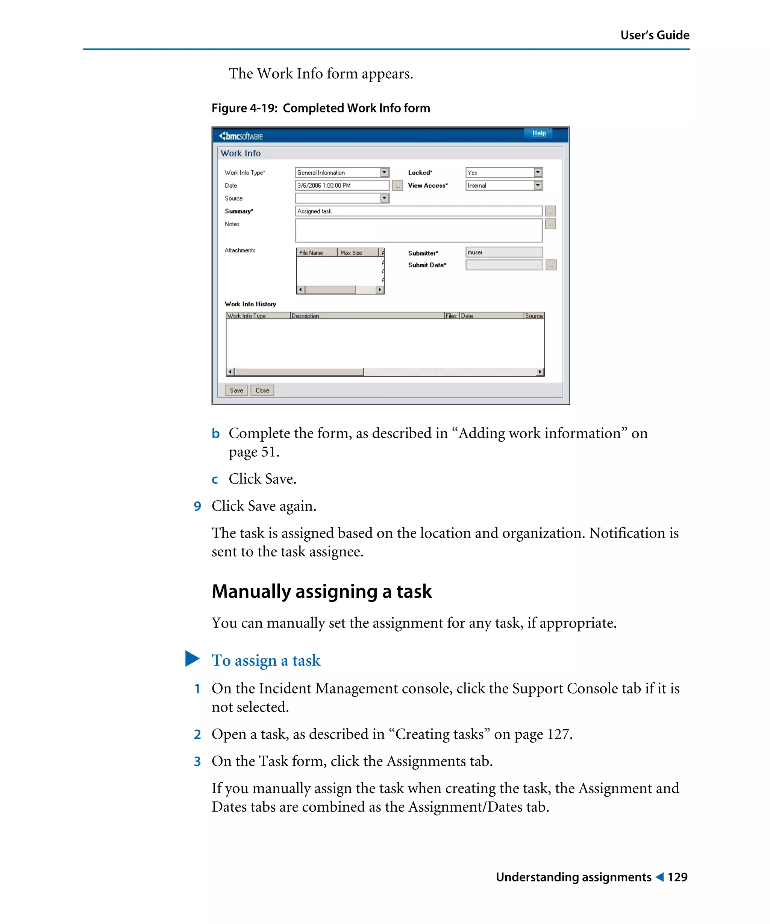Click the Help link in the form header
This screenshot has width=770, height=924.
tap(538, 133)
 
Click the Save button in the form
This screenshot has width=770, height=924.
tap(236, 390)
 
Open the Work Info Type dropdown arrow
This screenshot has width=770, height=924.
tap(384, 173)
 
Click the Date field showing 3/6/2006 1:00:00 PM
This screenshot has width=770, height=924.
tap(342, 185)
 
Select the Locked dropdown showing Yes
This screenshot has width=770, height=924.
tap(503, 173)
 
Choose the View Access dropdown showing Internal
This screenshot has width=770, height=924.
tap(503, 185)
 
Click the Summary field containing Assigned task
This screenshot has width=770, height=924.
tap(418, 211)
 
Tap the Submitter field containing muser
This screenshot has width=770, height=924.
tap(504, 252)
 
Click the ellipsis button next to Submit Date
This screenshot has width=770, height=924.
tap(550, 265)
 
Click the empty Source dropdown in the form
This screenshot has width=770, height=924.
tap(342, 198)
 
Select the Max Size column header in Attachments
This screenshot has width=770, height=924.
tap(357, 253)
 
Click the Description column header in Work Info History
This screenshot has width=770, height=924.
tap(367, 316)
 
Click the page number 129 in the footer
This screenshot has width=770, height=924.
tap(677, 877)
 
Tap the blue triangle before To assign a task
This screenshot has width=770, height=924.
tap(192, 659)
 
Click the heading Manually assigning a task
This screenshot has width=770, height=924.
tap(321, 591)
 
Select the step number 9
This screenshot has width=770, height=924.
tap(197, 506)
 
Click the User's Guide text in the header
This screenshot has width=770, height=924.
tap(654, 35)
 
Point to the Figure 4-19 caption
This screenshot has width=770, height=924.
tap(320, 108)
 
